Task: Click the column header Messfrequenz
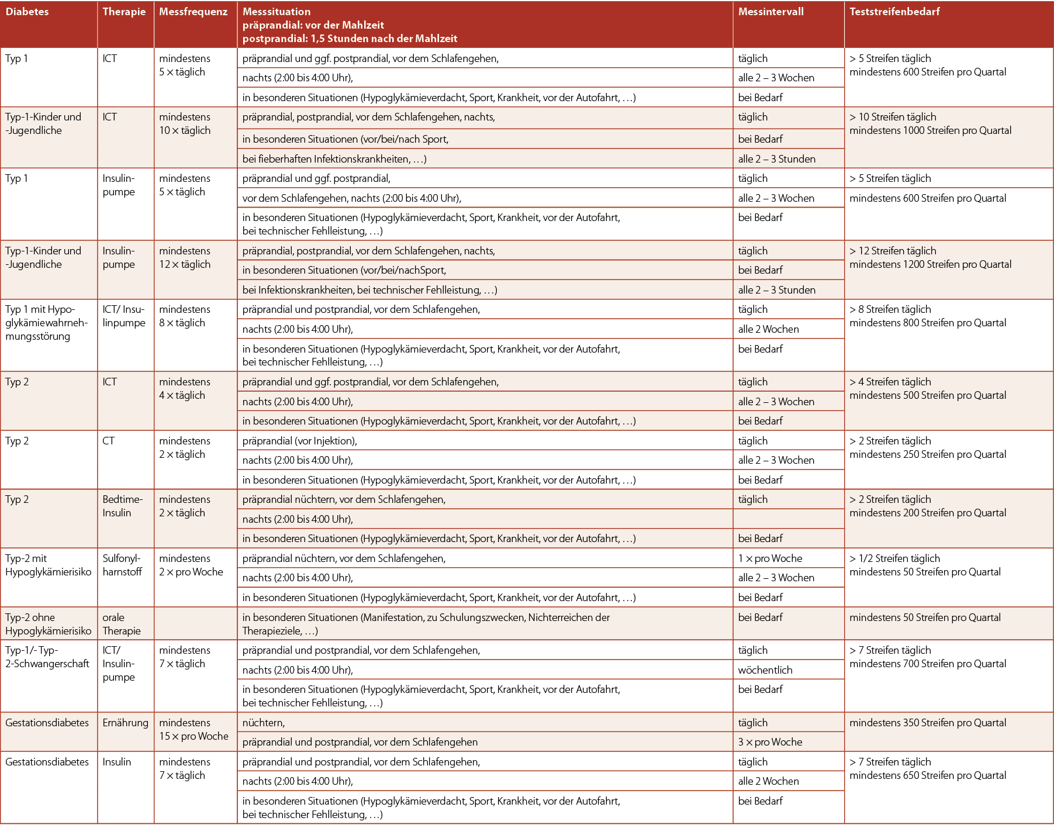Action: click(193, 12)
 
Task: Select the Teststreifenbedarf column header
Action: click(894, 12)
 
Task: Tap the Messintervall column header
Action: click(770, 12)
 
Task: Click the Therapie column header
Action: click(124, 12)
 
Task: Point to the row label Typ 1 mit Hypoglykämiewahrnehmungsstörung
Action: click(46, 323)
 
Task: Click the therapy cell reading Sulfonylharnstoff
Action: click(122, 565)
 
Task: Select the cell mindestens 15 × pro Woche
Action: click(193, 729)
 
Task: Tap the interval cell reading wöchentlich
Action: click(765, 670)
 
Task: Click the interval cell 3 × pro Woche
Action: click(770, 742)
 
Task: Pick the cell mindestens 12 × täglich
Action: click(185, 257)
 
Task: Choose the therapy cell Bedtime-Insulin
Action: click(122, 506)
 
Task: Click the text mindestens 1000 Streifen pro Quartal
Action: click(930, 130)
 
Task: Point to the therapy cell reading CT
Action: click(109, 441)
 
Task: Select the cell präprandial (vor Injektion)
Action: click(299, 441)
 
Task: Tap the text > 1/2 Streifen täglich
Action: click(894, 558)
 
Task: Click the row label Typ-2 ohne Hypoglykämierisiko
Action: click(48, 624)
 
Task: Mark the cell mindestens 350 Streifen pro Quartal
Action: click(928, 723)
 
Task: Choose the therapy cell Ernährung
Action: click(125, 723)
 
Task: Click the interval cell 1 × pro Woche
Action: click(770, 558)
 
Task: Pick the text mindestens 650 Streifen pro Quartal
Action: click(928, 775)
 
